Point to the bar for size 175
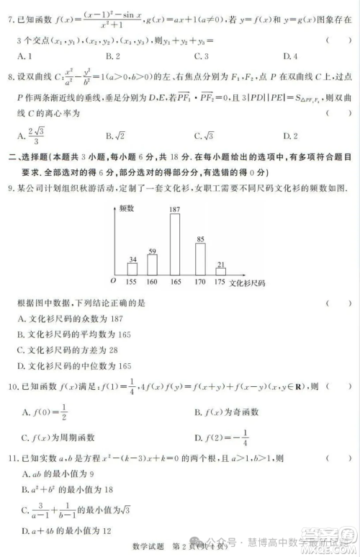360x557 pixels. click(x=220, y=272)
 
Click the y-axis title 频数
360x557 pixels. click(x=128, y=208)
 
